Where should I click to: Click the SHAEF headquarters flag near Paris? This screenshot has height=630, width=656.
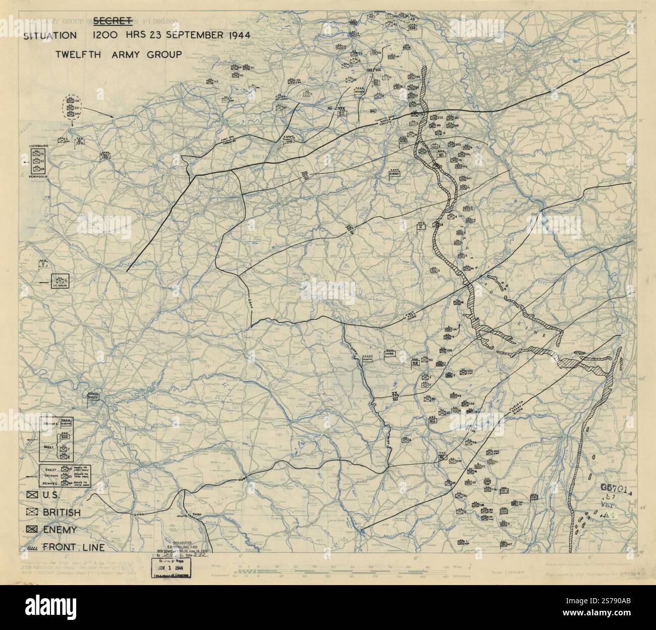click(93, 396)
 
